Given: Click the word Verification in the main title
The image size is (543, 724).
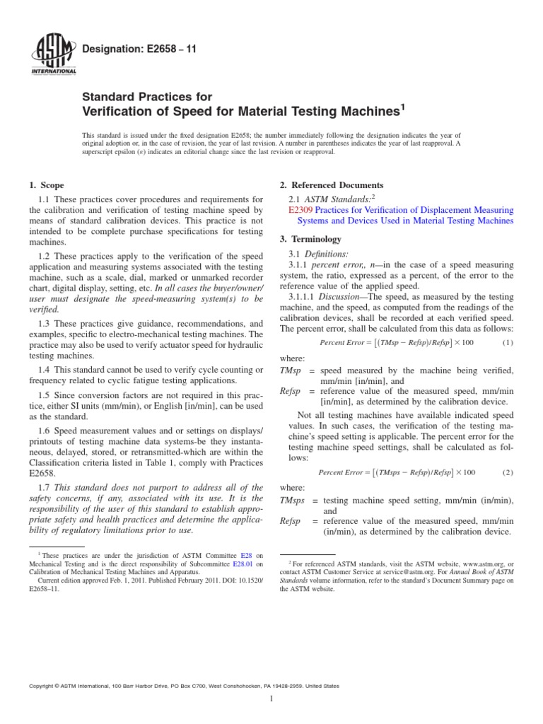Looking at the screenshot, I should (117, 111).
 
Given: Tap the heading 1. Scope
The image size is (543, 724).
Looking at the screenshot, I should (47, 185).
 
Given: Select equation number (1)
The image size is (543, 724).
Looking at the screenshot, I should (506, 342).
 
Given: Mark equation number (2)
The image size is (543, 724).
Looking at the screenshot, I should (506, 472).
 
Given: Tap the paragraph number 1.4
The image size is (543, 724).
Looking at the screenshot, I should (47, 370).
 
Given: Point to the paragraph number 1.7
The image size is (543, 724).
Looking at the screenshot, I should (47, 488).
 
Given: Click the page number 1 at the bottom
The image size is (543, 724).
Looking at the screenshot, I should (271, 699).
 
